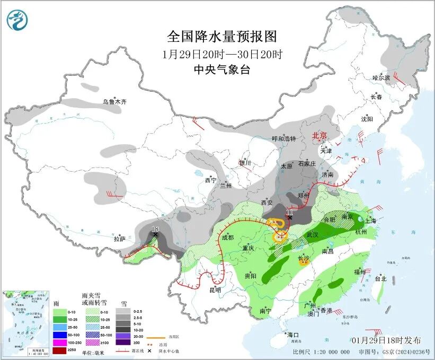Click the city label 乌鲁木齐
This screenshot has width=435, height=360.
point(115,101)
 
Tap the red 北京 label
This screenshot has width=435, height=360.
point(321,136)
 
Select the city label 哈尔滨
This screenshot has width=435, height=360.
point(380,77)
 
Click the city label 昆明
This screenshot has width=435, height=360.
point(215,290)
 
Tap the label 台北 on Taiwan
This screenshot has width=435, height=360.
point(380,278)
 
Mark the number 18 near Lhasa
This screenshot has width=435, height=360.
point(155,228)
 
